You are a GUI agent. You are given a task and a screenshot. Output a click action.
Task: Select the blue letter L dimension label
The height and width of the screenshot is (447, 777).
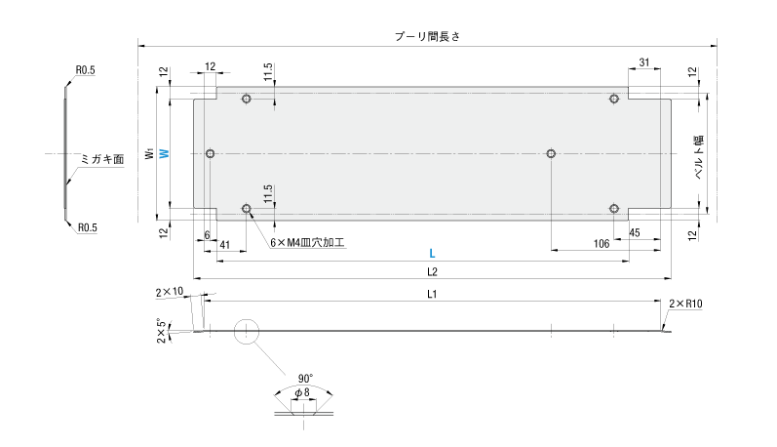pyautogui.click(x=431, y=253)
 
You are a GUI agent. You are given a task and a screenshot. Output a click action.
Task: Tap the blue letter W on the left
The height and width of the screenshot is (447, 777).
pyautogui.click(x=164, y=153)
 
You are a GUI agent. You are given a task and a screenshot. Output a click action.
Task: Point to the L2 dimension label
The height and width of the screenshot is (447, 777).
pyautogui.click(x=431, y=270)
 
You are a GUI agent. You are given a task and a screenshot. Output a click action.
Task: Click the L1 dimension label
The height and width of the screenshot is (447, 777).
pyautogui.click(x=431, y=294)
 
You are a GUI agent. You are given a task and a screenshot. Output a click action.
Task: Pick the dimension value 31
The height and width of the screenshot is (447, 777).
pyautogui.click(x=644, y=63)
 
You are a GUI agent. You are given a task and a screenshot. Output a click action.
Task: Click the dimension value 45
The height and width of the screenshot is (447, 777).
pyautogui.click(x=634, y=232)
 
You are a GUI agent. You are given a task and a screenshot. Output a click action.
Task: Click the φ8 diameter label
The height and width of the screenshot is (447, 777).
pyautogui.click(x=303, y=392)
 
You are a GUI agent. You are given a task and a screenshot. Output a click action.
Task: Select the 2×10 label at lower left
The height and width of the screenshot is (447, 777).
pyautogui.click(x=169, y=292)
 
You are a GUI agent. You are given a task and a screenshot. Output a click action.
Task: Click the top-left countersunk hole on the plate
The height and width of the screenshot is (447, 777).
pyautogui.click(x=247, y=99)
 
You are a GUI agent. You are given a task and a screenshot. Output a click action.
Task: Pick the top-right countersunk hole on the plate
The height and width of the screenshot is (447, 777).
pyautogui.click(x=614, y=99)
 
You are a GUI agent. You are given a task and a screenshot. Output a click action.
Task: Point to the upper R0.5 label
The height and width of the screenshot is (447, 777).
pyautogui.click(x=86, y=70)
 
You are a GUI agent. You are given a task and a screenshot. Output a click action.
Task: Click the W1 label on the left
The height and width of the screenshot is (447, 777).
pyautogui.click(x=148, y=153)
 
